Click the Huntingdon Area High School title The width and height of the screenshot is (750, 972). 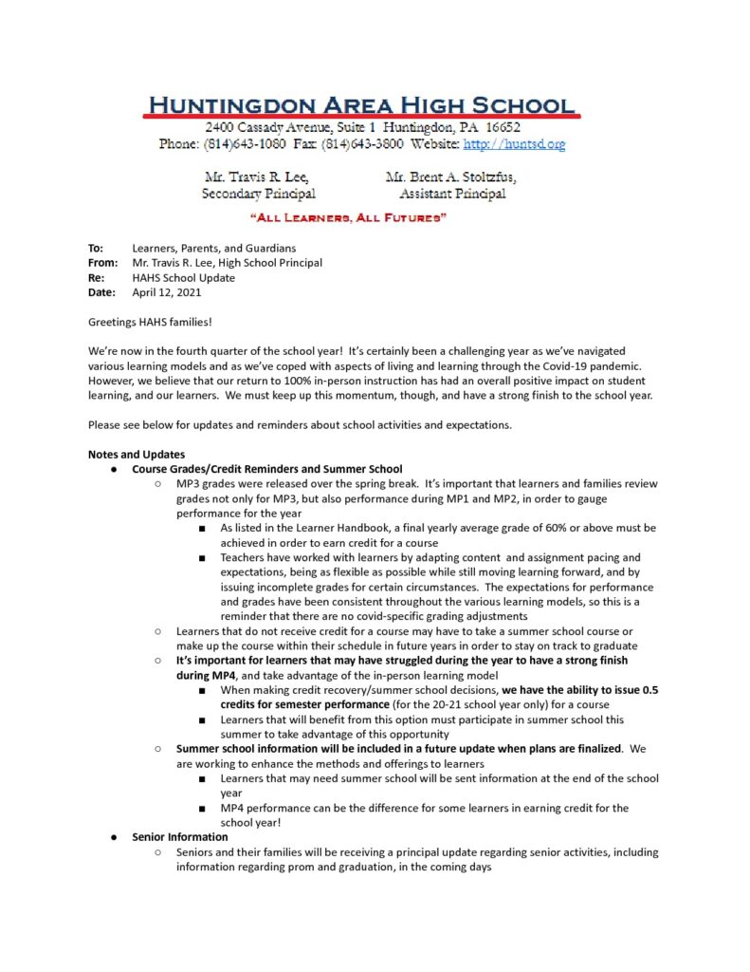pyautogui.click(x=360, y=105)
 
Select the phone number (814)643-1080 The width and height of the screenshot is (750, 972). pyautogui.click(x=243, y=144)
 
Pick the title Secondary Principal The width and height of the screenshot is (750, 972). pyautogui.click(x=259, y=194)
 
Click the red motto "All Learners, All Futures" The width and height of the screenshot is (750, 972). pyautogui.click(x=348, y=219)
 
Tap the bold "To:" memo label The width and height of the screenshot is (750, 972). pyautogui.click(x=96, y=248)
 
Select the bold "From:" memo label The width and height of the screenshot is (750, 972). pyautogui.click(x=102, y=263)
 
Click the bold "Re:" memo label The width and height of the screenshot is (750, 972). pyautogui.click(x=96, y=278)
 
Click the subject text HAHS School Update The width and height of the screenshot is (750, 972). pyautogui.click(x=183, y=278)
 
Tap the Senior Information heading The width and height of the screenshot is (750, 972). pyautogui.click(x=180, y=837)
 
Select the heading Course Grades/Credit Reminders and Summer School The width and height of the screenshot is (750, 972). pyautogui.click(x=266, y=469)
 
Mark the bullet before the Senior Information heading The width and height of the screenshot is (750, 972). pyautogui.click(x=113, y=837)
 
